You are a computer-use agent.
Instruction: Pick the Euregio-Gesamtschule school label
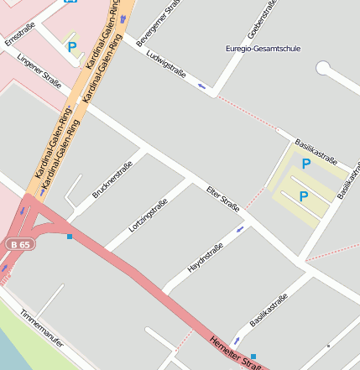click(x=267, y=50)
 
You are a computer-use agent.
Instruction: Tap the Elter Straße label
click(x=223, y=199)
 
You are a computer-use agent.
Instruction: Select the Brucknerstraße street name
click(x=112, y=180)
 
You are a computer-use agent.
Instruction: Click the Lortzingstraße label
click(x=149, y=213)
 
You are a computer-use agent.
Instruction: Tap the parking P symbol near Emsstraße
click(x=72, y=48)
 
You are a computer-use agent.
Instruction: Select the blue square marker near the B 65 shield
click(x=70, y=237)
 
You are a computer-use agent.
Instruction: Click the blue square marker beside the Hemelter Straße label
click(x=253, y=357)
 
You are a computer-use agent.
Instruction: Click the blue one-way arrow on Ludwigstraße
click(x=201, y=85)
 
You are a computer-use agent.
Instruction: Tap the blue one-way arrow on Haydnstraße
click(x=241, y=228)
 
